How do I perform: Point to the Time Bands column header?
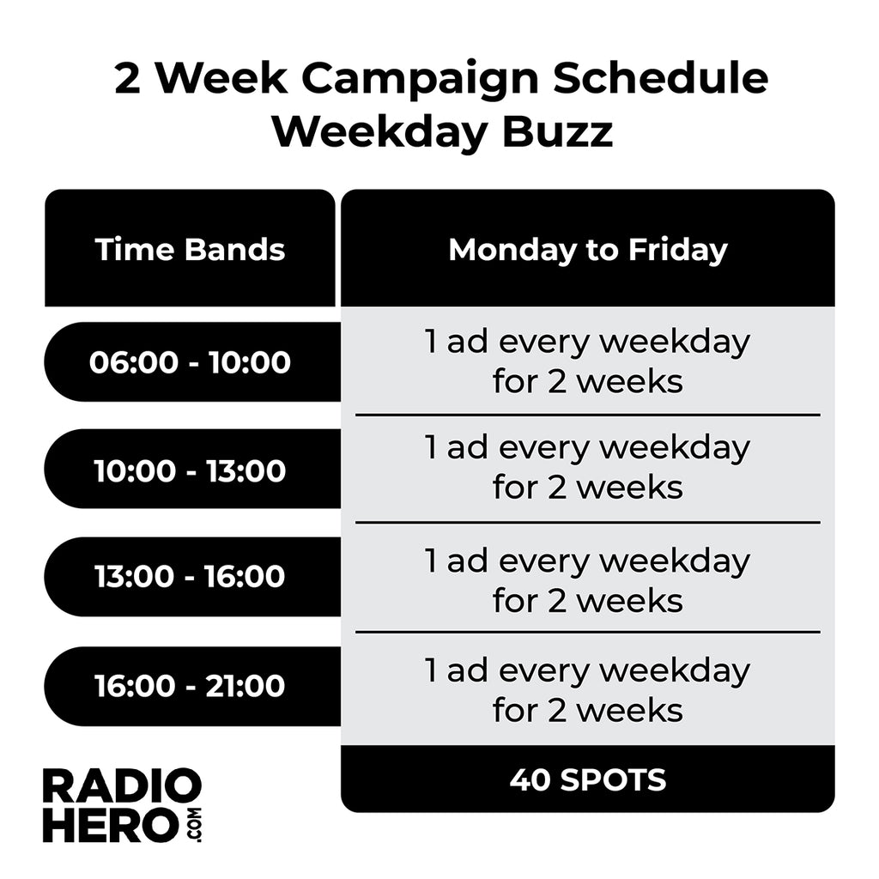point(190,250)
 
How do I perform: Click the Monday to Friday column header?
point(587,250)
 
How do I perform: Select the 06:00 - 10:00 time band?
point(190,362)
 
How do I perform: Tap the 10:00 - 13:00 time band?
point(190,470)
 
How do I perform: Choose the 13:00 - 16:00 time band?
point(190,577)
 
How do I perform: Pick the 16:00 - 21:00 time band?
point(190,686)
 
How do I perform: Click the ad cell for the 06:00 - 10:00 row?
point(587,361)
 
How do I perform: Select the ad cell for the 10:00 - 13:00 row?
point(587,468)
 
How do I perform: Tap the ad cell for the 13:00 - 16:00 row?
point(587,580)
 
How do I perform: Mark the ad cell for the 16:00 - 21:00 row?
point(587,690)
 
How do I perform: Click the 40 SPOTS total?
point(587,779)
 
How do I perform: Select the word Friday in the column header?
point(677,250)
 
